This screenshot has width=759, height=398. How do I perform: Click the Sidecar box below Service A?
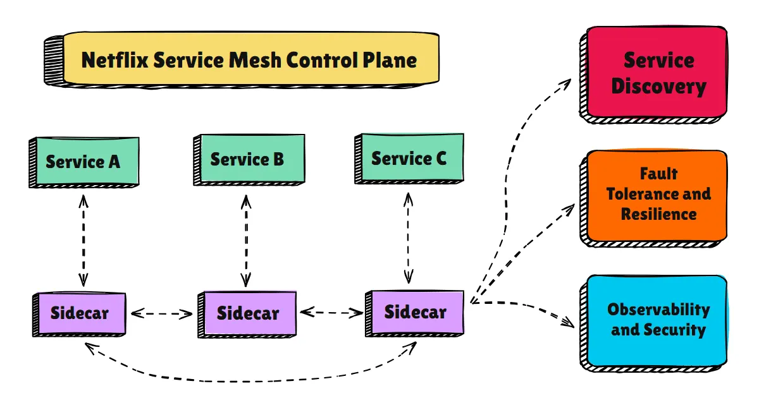80,314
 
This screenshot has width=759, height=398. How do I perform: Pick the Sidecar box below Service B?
248,313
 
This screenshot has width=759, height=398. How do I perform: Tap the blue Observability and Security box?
658,320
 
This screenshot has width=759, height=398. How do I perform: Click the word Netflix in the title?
115,60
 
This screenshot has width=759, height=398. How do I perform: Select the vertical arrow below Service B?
246,240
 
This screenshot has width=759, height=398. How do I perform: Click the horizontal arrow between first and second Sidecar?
161,313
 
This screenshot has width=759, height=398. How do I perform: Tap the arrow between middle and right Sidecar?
331,312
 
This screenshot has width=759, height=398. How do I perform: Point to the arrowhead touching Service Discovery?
567,83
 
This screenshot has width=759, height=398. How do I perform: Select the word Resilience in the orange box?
658,214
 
